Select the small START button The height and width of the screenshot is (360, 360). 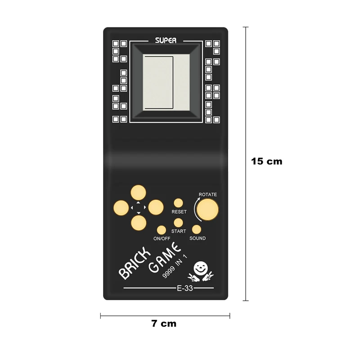[x=179, y=222]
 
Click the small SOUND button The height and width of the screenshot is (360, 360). [x=197, y=229]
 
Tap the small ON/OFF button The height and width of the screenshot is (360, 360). [x=162, y=229]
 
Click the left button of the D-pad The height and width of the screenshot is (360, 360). [x=121, y=207]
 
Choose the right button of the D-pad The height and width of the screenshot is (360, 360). [x=156, y=207]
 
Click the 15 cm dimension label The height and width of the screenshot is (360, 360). [x=267, y=161]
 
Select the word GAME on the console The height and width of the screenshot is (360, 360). [x=165, y=260]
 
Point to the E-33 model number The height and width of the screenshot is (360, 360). [x=184, y=288]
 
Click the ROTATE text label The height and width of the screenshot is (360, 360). [x=207, y=194]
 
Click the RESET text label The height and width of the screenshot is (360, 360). [x=179, y=211]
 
